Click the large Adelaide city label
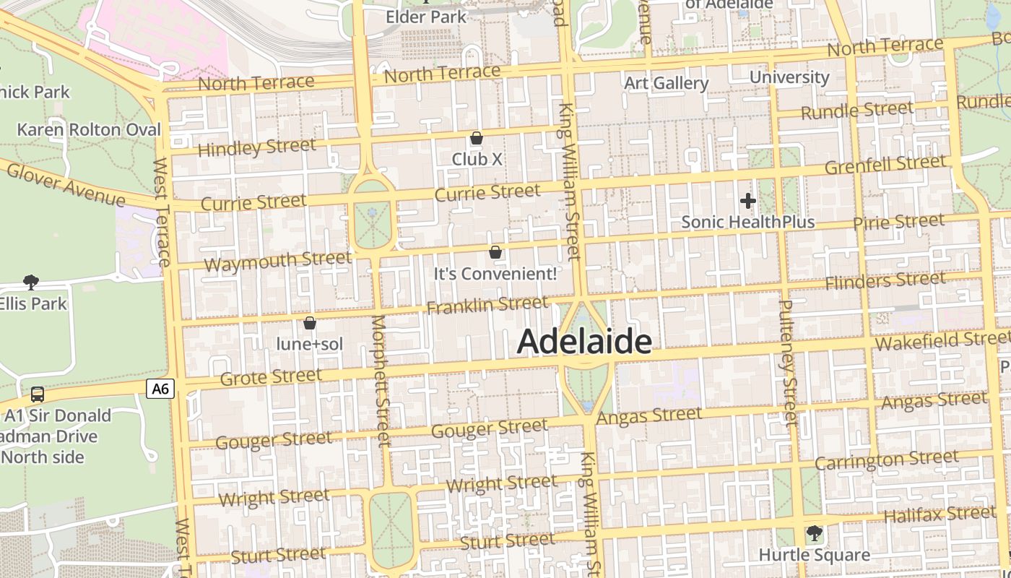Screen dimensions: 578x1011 584,341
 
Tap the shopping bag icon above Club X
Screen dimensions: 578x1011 477,137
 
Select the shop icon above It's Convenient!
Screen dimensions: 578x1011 495,252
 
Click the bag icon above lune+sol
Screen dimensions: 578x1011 310,323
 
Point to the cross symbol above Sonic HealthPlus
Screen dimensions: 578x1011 748,201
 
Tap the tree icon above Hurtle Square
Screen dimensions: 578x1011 814,534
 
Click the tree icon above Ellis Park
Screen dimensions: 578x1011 30,282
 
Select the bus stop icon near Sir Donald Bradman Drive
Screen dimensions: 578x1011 38,394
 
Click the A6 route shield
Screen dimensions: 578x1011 160,389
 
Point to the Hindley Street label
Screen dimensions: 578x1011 256,148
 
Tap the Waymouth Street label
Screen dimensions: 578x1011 277,261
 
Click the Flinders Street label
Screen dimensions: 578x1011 885,280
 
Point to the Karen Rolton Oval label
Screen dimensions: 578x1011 89,130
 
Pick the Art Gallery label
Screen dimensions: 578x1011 666,83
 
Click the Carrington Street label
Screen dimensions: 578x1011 887,460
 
